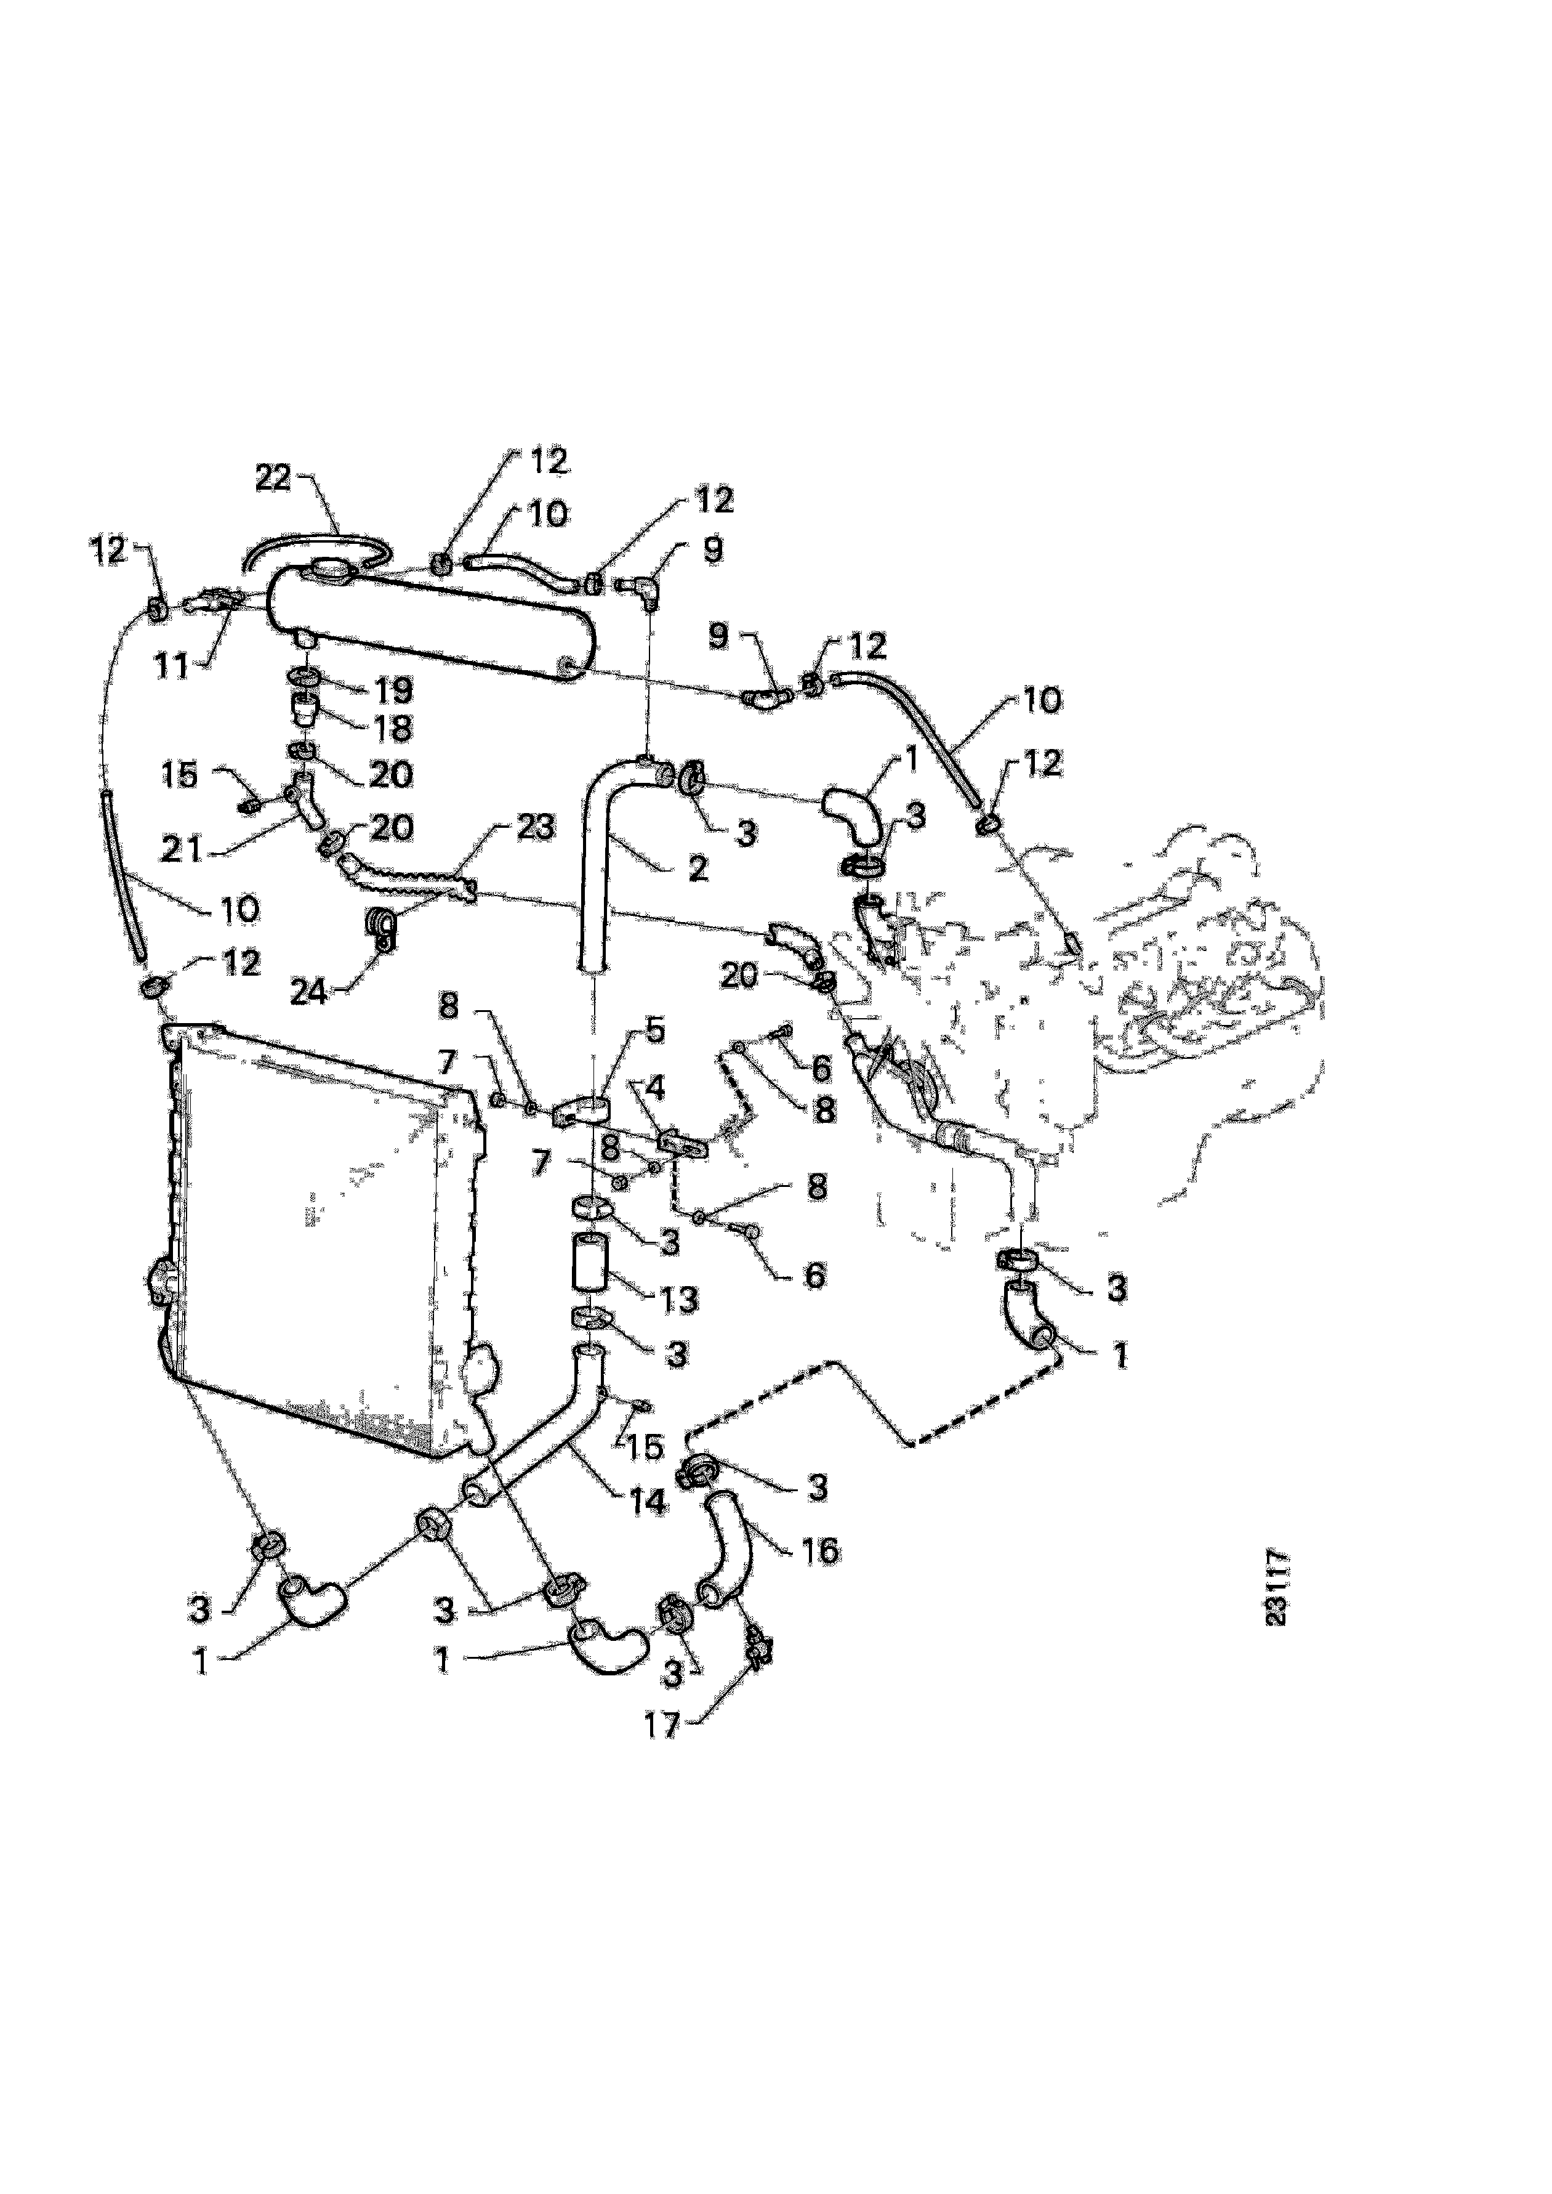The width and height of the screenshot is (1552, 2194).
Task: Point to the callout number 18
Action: [x=392, y=729]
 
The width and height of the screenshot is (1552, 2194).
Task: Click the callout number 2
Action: [x=699, y=868]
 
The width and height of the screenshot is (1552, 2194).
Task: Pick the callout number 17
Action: [x=662, y=1725]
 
